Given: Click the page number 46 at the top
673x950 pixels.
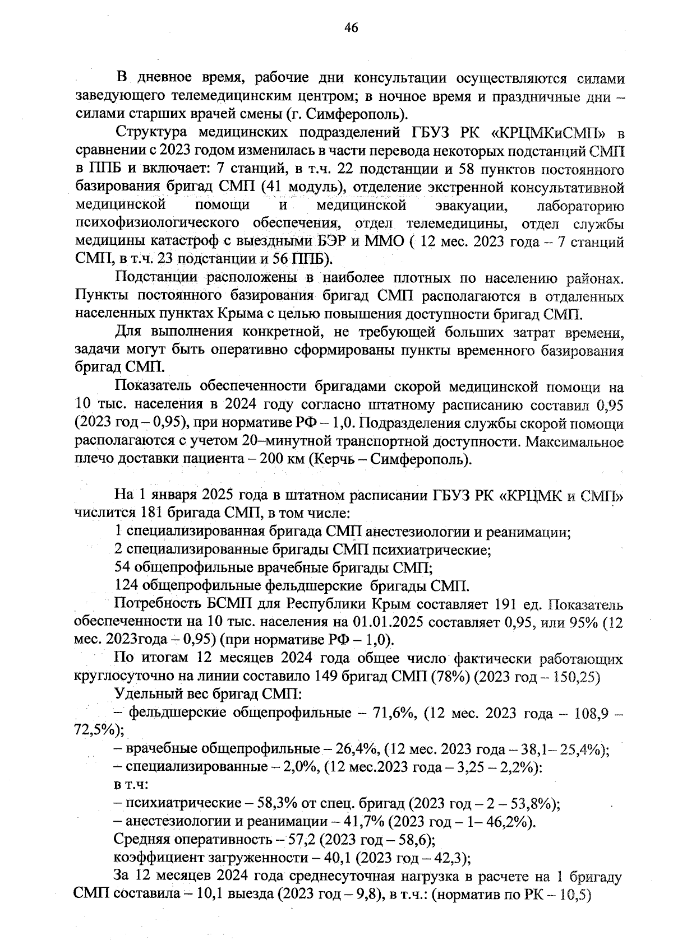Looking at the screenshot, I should pyautogui.click(x=352, y=29).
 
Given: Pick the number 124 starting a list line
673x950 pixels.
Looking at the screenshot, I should pyautogui.click(x=127, y=586).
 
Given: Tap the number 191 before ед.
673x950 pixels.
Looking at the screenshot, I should pyautogui.click(x=506, y=604).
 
